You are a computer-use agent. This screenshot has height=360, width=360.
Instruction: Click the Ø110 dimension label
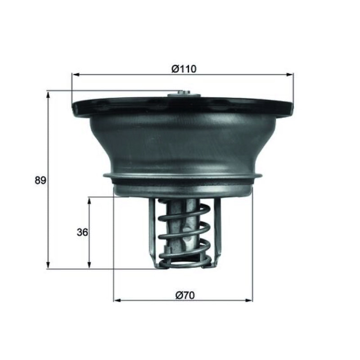184,69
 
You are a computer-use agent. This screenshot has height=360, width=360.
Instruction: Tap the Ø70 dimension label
185,295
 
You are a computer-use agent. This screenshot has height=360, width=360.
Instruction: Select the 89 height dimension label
40,180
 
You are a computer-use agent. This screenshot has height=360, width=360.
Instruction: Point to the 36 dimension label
82,233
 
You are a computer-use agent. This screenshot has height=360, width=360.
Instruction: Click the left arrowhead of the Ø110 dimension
76,75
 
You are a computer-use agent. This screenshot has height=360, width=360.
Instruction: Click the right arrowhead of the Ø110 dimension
290,74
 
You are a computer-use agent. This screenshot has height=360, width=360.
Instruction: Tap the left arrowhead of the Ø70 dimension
117,300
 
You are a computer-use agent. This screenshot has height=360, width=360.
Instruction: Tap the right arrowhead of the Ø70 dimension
249,300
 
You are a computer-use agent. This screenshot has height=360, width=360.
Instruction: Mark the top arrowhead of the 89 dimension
48,95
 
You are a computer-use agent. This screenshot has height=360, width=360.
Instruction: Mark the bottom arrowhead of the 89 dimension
48,265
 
